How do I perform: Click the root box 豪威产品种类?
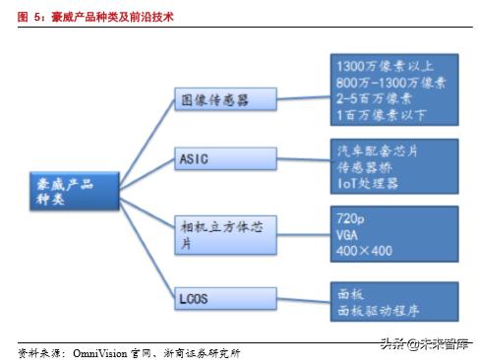[x=71, y=191]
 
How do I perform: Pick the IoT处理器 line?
[x=367, y=183]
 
